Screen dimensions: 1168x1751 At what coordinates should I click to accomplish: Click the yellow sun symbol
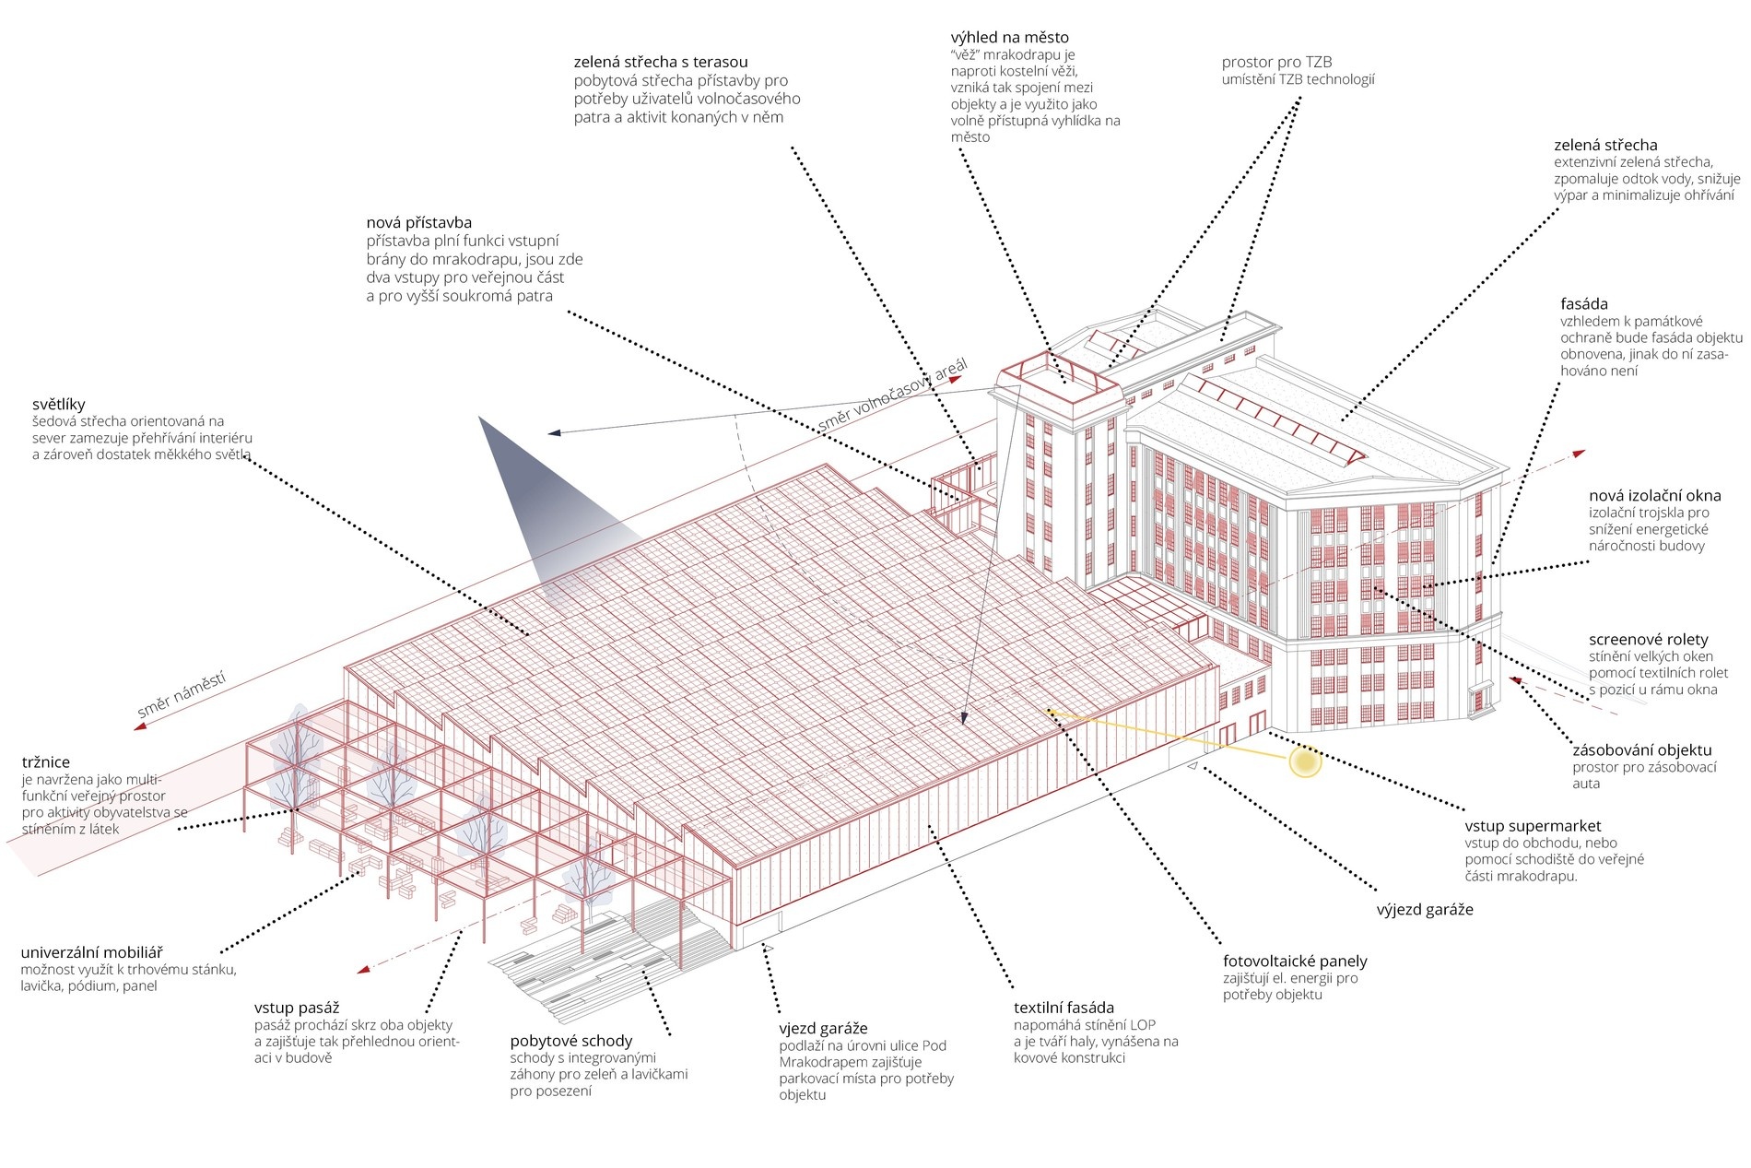point(1304,762)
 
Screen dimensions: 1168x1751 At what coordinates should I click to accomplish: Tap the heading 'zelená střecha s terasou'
point(661,62)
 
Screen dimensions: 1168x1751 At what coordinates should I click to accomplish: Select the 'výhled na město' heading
point(1009,38)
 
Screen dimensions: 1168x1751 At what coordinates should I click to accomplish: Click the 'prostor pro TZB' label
point(1276,62)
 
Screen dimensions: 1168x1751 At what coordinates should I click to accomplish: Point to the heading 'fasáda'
point(1583,304)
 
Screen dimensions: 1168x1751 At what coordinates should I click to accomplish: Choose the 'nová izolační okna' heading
point(1654,496)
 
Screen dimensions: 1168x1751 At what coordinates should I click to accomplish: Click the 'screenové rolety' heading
point(1648,640)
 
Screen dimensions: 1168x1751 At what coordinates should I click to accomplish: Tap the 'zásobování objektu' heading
point(1641,750)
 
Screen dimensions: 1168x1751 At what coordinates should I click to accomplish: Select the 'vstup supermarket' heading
point(1533,826)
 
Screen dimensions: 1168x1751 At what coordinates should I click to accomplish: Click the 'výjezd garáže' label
point(1425,910)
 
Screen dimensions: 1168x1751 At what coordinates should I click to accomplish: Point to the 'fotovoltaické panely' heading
point(1295,962)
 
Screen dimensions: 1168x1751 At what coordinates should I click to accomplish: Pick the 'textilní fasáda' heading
point(1064,1008)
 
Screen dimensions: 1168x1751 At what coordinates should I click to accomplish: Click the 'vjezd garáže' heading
point(823,1029)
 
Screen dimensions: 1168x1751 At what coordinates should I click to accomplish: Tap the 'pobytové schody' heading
point(570,1042)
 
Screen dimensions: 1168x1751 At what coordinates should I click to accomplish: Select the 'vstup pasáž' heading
point(297,1009)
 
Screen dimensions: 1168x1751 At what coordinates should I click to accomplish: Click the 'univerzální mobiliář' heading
point(91,953)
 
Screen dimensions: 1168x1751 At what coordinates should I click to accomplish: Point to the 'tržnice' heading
point(46,762)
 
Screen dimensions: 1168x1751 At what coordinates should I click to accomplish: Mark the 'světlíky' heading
point(58,404)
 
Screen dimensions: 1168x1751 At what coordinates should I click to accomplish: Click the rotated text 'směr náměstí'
point(182,695)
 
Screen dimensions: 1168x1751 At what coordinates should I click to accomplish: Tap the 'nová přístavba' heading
point(418,223)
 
